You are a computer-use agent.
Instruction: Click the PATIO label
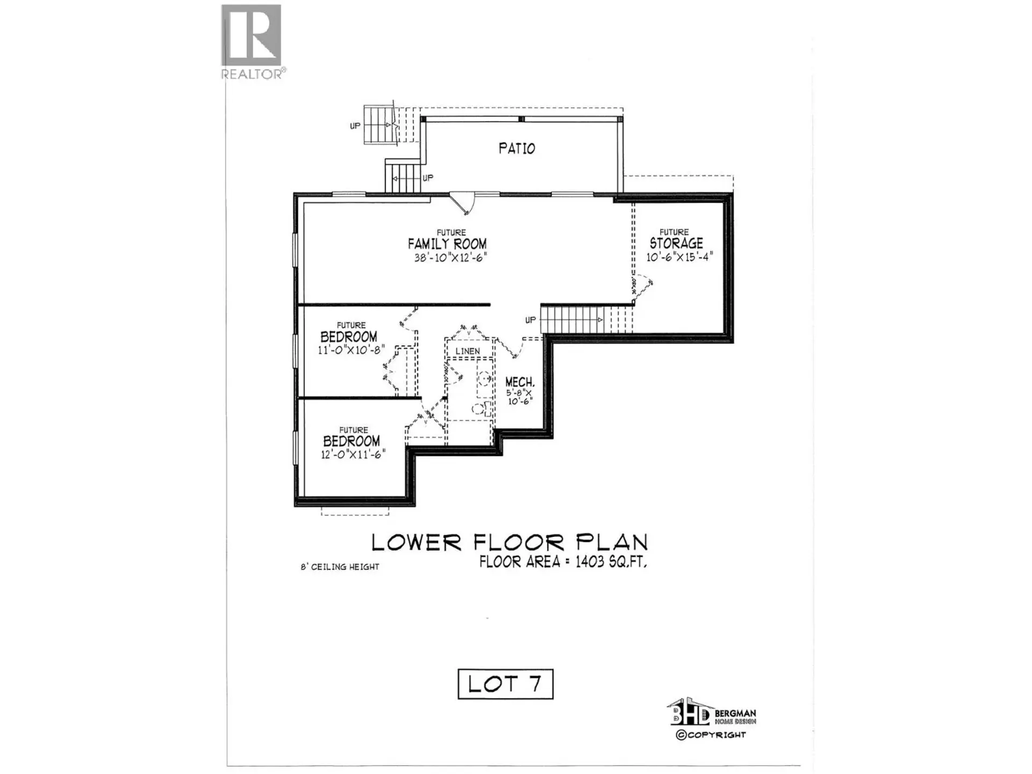point(517,148)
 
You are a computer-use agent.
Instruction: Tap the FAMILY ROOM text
point(447,244)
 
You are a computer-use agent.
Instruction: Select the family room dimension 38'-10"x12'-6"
point(450,258)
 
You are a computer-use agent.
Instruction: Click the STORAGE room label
point(676,243)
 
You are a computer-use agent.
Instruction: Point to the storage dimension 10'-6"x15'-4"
point(679,257)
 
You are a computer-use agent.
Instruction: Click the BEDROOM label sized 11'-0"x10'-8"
point(349,337)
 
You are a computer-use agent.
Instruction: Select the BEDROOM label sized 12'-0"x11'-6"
point(352,441)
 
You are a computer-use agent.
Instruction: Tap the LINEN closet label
point(468,351)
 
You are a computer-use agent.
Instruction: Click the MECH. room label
point(520,382)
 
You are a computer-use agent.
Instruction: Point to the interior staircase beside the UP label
point(572,319)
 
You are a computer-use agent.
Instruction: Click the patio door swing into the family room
point(461,203)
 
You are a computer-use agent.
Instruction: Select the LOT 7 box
point(505,684)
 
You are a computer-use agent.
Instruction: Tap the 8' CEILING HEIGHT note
point(340,567)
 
